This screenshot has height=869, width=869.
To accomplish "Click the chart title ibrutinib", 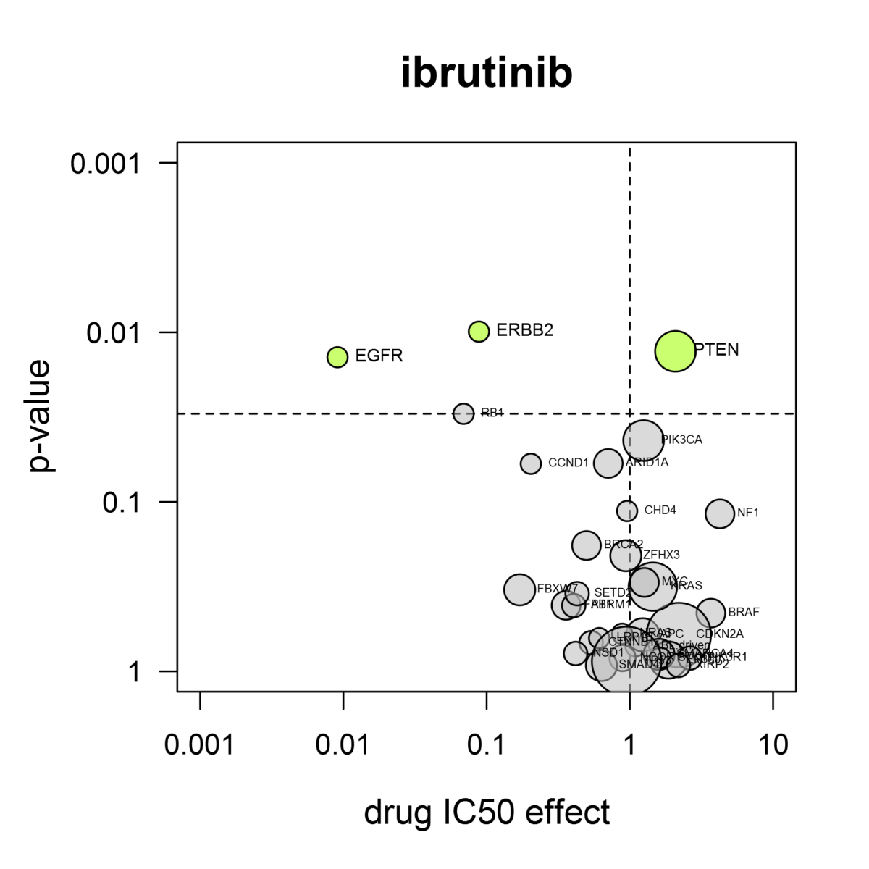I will point(487,73).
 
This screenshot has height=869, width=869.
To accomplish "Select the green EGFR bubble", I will point(337,356).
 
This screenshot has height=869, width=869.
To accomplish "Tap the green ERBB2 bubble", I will point(479,331).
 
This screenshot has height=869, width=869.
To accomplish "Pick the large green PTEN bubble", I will point(676,350).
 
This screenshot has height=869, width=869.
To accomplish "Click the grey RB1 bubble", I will point(463,413).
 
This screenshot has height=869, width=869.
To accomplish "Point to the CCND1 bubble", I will point(531,463).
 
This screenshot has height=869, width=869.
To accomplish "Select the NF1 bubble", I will point(720,513).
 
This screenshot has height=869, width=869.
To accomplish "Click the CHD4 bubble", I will point(627,511).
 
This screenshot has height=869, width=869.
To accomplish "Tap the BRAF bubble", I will point(711,613).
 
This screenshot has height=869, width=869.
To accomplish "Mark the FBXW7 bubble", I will point(519,589).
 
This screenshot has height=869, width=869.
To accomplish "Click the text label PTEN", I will point(717,350).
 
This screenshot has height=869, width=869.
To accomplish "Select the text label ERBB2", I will point(525,331).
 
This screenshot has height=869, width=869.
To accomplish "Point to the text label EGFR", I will point(379,356).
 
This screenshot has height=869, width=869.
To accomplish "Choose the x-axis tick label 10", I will point(773,744).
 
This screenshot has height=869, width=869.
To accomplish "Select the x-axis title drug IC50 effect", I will point(487,813).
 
